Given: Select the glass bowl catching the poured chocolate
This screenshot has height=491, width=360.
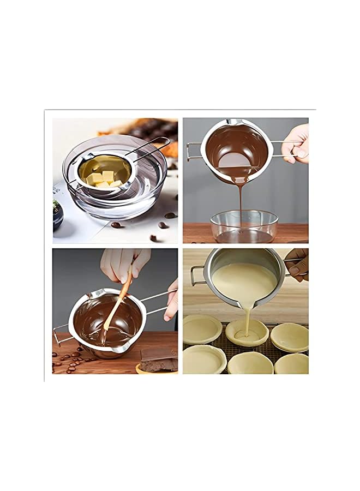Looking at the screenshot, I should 244,226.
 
